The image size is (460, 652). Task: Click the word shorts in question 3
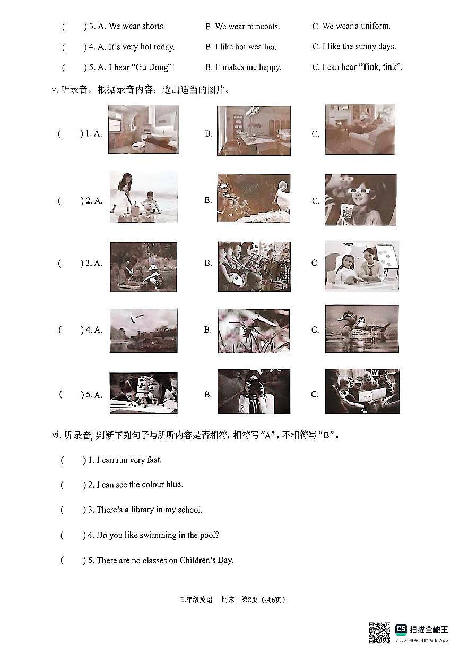point(153,26)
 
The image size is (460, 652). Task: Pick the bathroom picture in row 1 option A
point(143,130)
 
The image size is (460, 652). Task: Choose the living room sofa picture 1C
point(360,129)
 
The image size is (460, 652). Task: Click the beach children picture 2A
point(143,197)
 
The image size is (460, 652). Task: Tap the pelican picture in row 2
point(254,198)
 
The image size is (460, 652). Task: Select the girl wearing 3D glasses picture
point(360,200)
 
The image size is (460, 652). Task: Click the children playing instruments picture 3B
point(254,266)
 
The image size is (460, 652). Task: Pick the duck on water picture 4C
point(361,329)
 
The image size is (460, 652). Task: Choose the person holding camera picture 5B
point(254,392)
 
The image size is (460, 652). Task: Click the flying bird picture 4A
point(143,331)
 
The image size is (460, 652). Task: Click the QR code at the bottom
point(380,632)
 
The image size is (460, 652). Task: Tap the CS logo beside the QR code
point(401,629)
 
